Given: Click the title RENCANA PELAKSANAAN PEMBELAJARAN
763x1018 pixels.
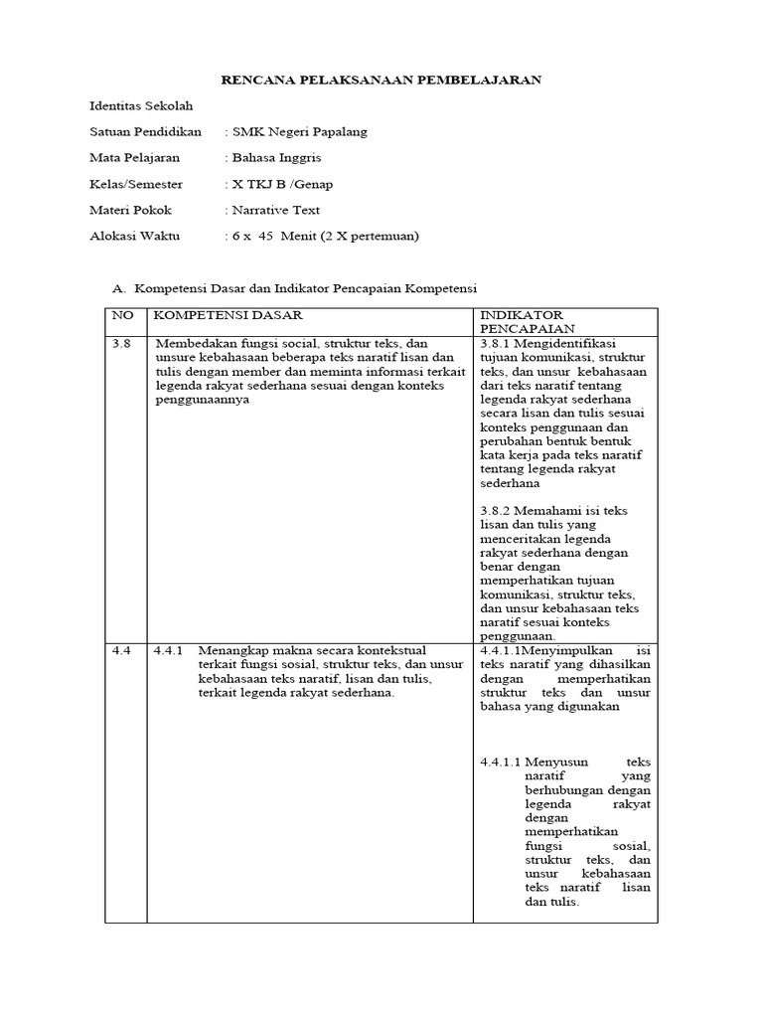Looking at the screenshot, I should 381,80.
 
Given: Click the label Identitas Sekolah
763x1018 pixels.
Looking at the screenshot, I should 141,105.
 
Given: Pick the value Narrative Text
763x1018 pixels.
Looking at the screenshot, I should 276,210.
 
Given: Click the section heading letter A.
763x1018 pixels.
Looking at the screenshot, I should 119,288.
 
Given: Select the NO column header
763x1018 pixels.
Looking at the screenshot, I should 121,314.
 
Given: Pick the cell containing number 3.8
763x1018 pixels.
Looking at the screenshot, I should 121,343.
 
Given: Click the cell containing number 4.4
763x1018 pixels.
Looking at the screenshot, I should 121,650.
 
